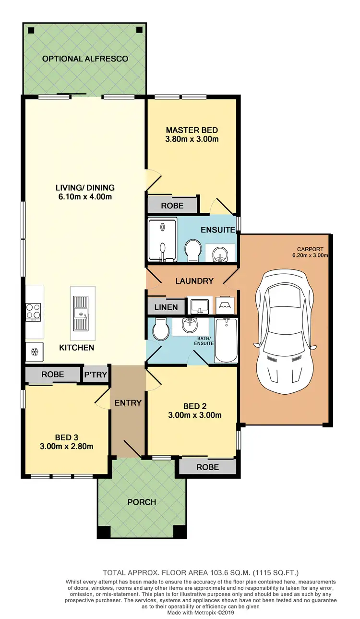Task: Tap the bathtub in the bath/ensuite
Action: (x=226, y=340)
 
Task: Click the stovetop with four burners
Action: (x=34, y=312)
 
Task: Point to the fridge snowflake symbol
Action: (x=34, y=352)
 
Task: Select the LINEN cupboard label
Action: (x=166, y=307)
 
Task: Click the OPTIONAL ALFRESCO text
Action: (x=85, y=59)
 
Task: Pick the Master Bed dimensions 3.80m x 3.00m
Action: (x=192, y=139)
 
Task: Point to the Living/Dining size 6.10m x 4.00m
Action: (x=85, y=196)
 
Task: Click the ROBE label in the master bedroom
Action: (x=172, y=206)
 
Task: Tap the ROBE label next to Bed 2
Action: (x=207, y=467)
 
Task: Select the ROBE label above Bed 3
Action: (x=53, y=374)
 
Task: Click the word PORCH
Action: (x=142, y=502)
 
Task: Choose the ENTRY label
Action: (x=128, y=402)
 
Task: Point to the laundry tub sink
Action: (x=198, y=304)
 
